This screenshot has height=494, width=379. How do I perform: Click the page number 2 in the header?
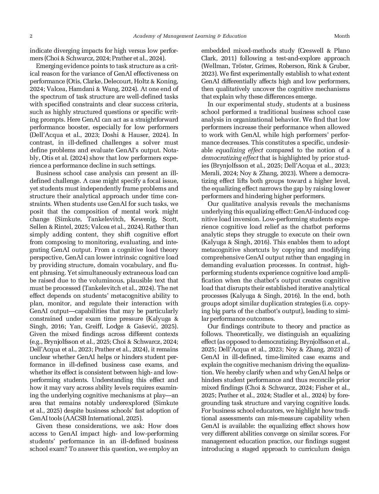[x=31, y=36]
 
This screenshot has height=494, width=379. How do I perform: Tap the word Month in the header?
[x=342, y=36]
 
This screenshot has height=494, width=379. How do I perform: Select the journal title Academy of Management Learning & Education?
[x=189, y=36]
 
